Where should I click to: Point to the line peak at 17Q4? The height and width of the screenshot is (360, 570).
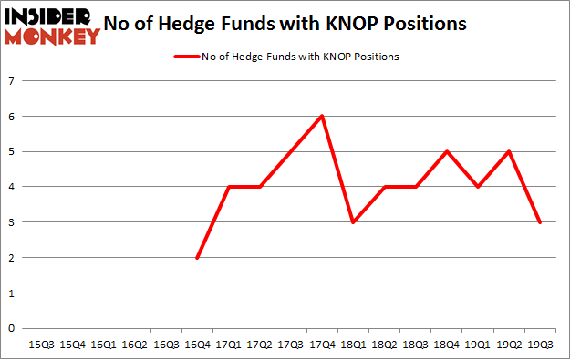[321, 116]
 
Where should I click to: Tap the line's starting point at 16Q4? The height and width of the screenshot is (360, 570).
[197, 258]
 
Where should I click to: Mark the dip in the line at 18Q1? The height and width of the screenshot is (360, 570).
[352, 222]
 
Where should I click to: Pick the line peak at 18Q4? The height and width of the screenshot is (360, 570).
[445, 151]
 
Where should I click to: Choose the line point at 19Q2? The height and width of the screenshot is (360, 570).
[507, 151]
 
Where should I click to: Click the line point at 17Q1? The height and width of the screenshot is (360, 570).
[228, 187]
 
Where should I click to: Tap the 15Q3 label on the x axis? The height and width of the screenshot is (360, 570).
[42, 345]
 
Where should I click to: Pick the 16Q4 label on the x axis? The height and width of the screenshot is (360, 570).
[197, 345]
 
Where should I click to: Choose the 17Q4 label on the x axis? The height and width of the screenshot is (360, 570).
[321, 345]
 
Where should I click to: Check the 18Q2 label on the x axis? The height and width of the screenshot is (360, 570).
[383, 345]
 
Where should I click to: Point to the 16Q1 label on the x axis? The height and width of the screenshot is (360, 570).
[104, 345]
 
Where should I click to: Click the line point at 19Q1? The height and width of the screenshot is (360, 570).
[476, 187]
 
